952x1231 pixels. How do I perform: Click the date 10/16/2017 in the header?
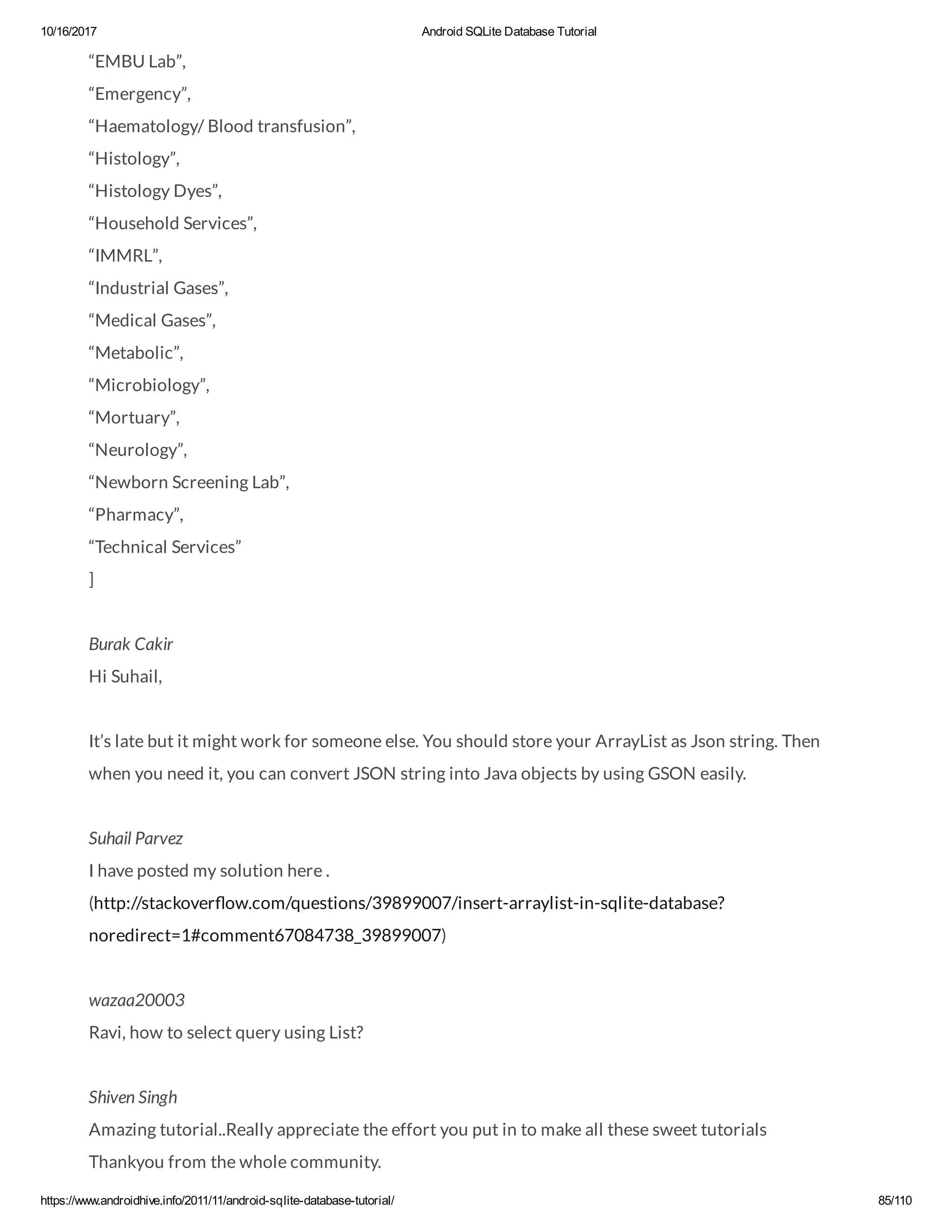tap(68, 32)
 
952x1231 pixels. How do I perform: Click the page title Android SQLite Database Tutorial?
tap(509, 32)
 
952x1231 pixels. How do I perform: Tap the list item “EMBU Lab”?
tap(137, 61)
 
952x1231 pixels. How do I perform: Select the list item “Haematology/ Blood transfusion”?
tap(222, 126)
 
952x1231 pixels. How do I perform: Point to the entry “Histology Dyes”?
tap(155, 191)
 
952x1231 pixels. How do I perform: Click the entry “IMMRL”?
tap(125, 256)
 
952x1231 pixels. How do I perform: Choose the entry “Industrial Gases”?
tap(159, 288)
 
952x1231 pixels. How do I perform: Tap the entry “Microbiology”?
tap(149, 386)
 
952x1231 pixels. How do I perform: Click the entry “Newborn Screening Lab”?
tap(189, 483)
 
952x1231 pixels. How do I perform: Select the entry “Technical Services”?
tap(165, 547)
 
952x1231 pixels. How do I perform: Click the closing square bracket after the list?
tap(92, 579)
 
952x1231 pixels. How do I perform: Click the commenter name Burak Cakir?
tap(131, 644)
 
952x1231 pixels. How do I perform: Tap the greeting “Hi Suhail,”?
tap(125, 676)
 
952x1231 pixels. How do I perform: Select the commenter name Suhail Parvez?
tap(136, 838)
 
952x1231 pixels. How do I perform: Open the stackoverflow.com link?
tap(406, 904)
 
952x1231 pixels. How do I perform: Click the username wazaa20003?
tap(137, 1000)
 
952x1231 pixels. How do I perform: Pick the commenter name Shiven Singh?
tap(133, 1097)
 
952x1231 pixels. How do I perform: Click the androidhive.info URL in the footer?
tap(217, 1200)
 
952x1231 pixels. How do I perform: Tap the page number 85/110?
tap(894, 1200)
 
